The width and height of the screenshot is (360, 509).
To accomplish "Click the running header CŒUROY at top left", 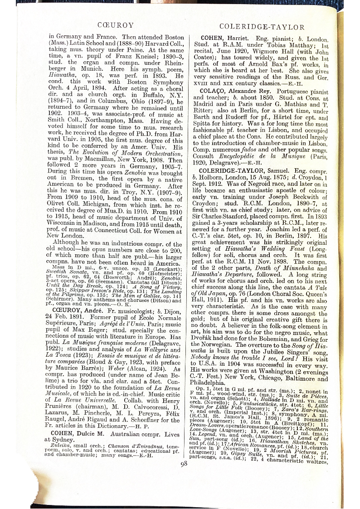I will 116,26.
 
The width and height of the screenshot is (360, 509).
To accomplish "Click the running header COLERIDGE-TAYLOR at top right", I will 262,27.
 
